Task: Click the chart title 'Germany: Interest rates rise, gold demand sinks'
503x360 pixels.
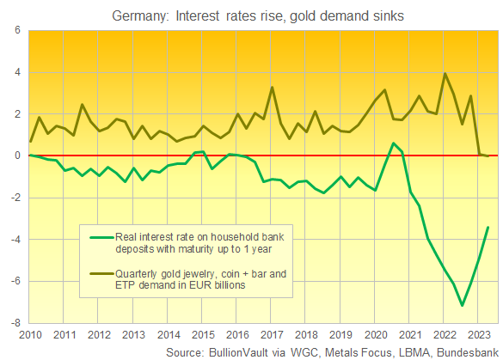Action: pos(252,14)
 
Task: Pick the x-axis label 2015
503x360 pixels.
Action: pos(202,334)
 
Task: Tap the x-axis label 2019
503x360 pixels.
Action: pos(340,334)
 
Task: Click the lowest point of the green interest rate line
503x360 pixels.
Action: pos(463,305)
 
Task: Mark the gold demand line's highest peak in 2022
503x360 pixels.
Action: pos(445,73)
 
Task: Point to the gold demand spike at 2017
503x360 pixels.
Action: pos(272,87)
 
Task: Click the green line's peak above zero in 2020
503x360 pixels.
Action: pos(393,143)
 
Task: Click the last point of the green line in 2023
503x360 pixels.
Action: pos(488,227)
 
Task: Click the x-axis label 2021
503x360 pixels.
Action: pos(410,334)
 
